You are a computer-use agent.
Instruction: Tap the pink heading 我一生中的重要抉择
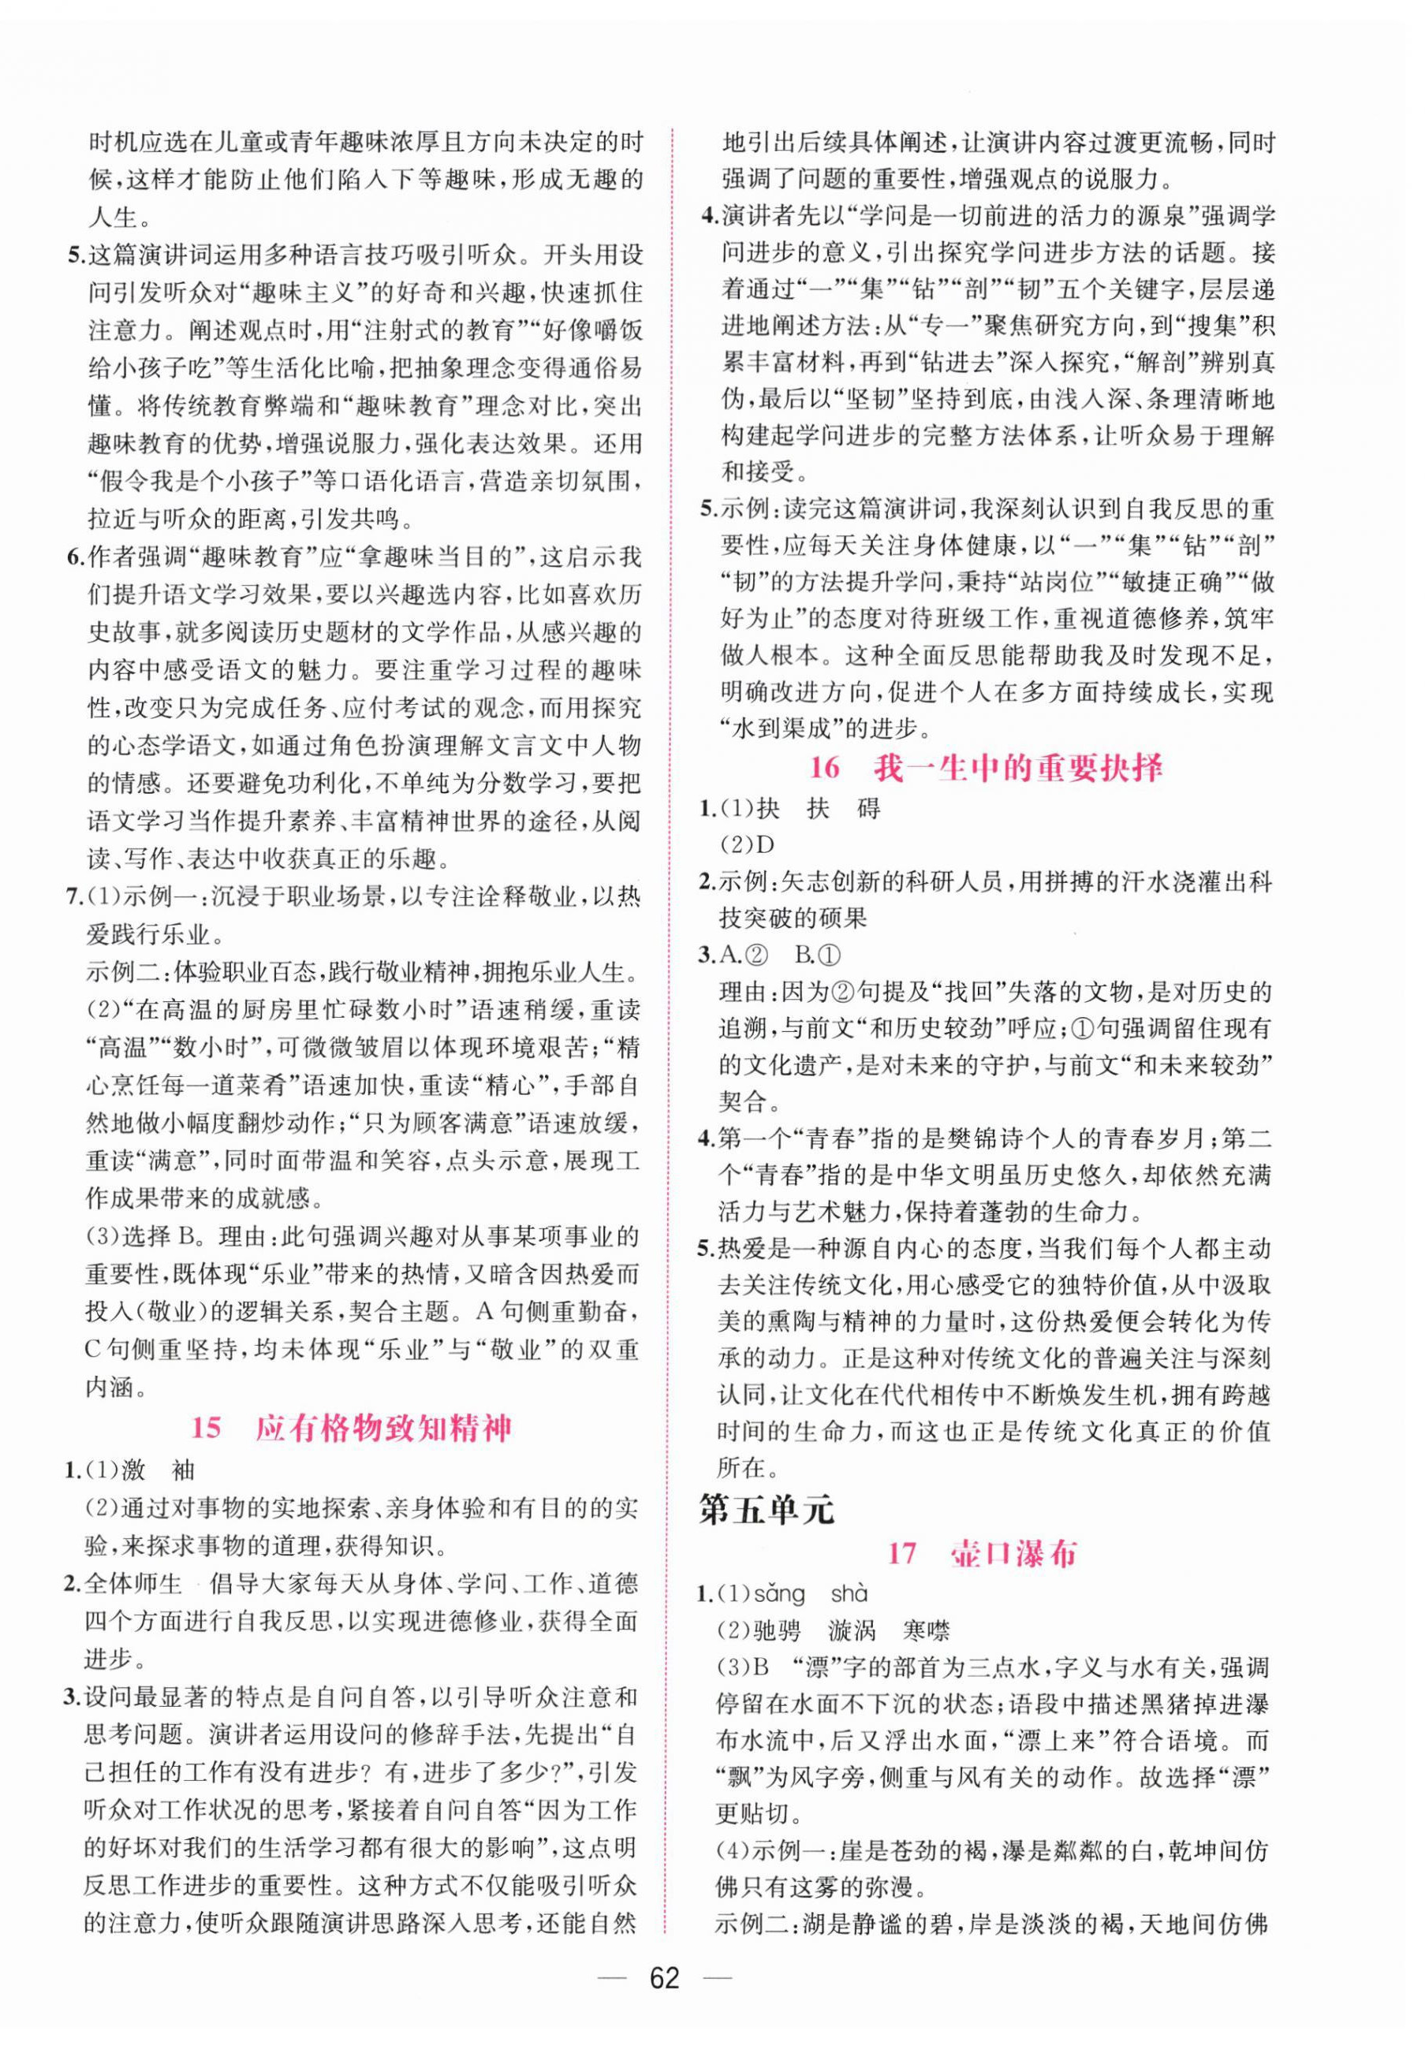[1019, 769]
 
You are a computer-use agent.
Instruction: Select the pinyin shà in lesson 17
[849, 1594]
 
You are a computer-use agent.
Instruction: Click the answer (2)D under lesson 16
[747, 844]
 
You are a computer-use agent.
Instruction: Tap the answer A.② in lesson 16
[743, 955]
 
